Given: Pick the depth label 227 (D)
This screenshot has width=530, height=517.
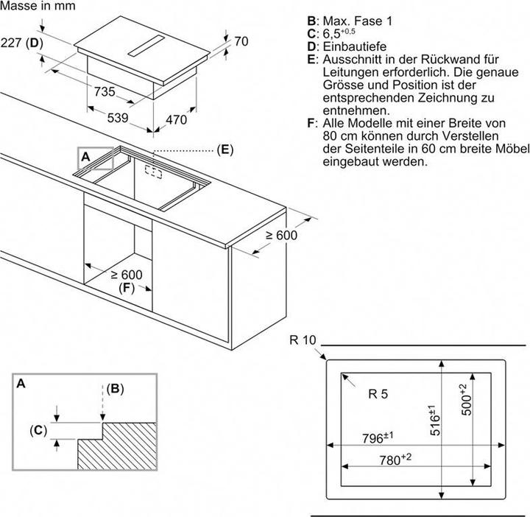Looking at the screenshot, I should tap(23, 42).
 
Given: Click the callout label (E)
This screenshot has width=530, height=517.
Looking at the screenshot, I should tap(225, 150).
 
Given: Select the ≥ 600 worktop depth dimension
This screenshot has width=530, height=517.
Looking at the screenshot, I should tap(280, 234).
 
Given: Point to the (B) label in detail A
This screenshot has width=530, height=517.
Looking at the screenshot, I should tap(116, 388).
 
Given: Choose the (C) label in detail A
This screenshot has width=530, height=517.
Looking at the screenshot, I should tap(38, 430).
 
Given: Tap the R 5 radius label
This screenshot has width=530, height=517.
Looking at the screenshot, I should tap(377, 394).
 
